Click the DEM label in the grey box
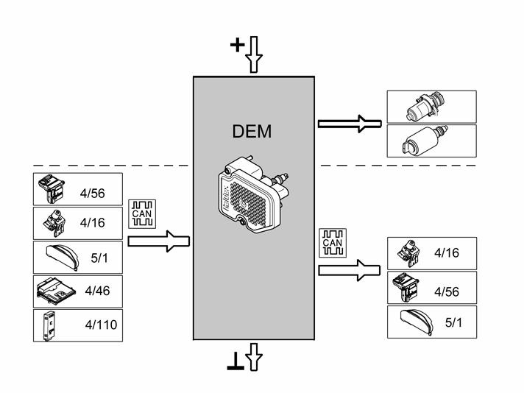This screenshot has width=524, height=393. point(252,131)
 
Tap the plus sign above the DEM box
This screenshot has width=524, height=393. point(237,45)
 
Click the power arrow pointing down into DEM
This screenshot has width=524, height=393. point(254,54)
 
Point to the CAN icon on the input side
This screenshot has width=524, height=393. point(142,214)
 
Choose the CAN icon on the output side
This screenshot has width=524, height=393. point(333,243)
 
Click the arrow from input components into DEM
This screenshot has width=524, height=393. point(159,241)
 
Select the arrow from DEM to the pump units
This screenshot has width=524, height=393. point(350,124)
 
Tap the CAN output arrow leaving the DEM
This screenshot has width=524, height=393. point(350,270)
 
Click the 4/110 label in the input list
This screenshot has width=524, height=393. point(101,325)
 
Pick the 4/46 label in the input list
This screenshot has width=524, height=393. point(97,291)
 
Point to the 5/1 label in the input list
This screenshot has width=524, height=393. point(99,258)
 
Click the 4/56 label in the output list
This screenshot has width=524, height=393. point(447,291)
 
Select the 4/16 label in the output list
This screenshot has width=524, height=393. point(447,253)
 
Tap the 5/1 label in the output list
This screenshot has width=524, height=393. point(453,322)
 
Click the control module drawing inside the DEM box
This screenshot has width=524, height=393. point(253,194)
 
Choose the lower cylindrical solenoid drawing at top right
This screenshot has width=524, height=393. point(425,141)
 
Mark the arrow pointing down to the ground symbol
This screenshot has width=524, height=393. point(254,357)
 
